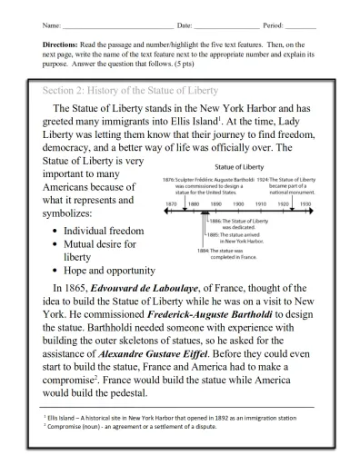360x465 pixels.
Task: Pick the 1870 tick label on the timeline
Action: pyautogui.click(x=171, y=204)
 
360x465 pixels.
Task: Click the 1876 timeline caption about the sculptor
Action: pyautogui.click(x=213, y=186)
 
